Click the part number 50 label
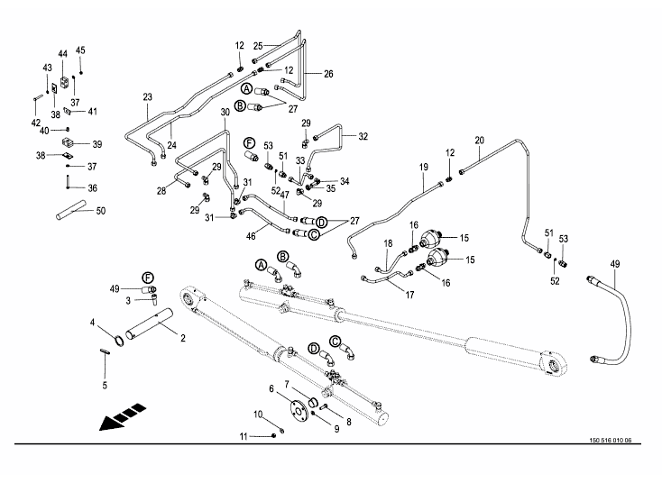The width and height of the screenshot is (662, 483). coord(100,211)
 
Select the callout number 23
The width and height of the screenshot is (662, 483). coord(147,96)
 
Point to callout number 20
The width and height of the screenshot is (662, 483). coord(480,140)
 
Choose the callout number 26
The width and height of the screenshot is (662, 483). coord(328,73)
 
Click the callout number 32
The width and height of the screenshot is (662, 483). coord(363,137)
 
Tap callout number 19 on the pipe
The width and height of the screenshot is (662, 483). coord(422,169)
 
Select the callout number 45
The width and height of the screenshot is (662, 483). coord(80,50)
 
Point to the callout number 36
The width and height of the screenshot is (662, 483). coord(91,188)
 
